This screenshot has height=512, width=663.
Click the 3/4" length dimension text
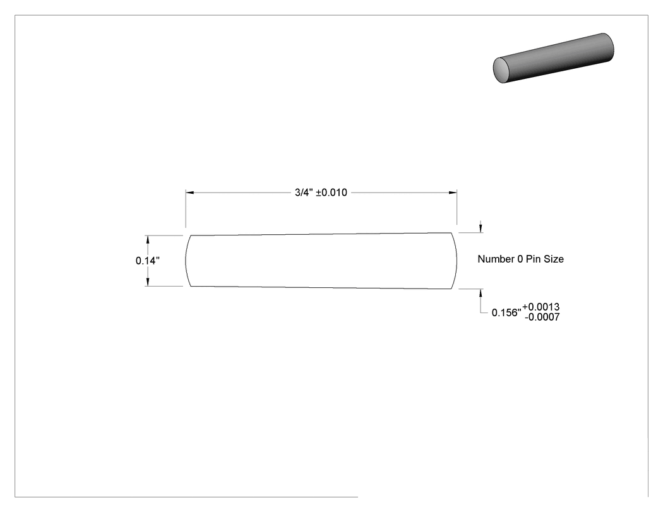click(304, 193)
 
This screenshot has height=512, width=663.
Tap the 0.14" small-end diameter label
click(148, 261)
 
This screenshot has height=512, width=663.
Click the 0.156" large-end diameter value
click(506, 313)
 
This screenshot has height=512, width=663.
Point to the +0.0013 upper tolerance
click(541, 307)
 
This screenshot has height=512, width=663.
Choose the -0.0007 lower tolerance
click(542, 317)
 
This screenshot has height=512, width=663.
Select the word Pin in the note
click(533, 259)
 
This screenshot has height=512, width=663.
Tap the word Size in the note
click(554, 259)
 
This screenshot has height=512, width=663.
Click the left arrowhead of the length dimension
click(190, 193)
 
